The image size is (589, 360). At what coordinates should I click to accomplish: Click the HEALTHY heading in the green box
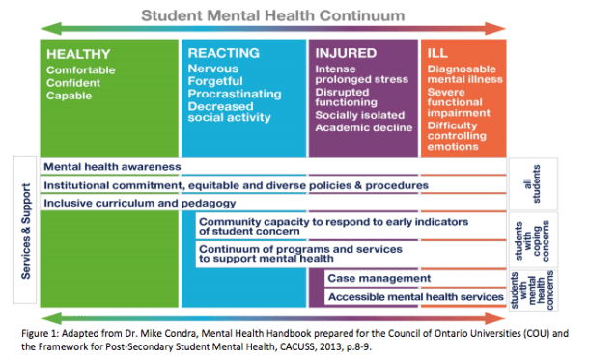tap(78, 54)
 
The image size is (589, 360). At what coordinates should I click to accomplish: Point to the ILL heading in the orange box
tap(436, 54)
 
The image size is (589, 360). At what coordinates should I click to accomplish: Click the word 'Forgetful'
tap(216, 83)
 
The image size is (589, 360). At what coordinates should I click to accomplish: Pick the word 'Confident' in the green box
tap(73, 83)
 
